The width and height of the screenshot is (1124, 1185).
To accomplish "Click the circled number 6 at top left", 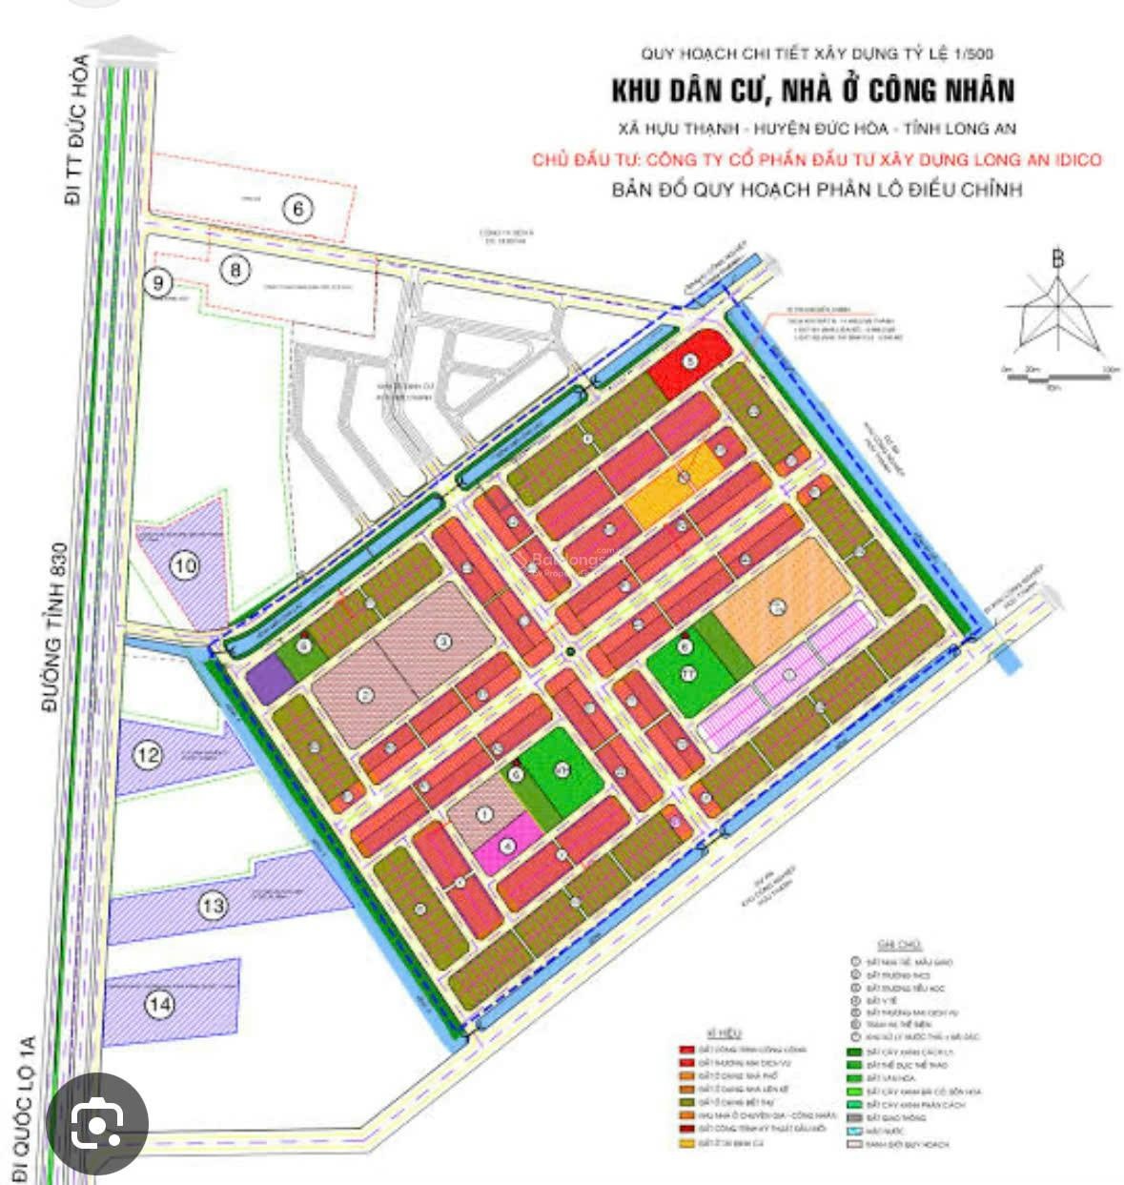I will (298, 208).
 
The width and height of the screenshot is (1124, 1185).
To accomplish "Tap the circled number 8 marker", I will (235, 270).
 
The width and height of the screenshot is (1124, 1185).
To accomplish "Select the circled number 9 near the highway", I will (158, 282).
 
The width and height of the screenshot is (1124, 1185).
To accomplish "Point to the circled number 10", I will (185, 565).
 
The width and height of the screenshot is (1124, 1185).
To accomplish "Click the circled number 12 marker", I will (148, 756).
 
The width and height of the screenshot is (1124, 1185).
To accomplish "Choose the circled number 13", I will (213, 905).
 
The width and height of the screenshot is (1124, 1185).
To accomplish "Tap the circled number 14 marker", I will (159, 1004).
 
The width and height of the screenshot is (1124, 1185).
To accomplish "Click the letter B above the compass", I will (1057, 258).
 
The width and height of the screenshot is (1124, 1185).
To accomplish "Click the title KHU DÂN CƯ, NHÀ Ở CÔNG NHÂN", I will (812, 91).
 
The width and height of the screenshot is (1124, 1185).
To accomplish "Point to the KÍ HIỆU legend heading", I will (725, 1033).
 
